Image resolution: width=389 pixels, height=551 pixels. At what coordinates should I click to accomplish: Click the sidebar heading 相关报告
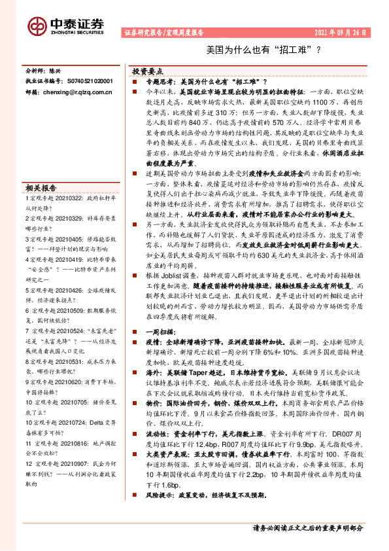(42, 186)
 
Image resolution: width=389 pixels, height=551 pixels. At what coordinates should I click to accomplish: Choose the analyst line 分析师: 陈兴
(44, 69)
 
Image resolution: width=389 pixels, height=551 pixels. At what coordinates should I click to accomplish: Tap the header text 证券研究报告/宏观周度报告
(163, 32)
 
